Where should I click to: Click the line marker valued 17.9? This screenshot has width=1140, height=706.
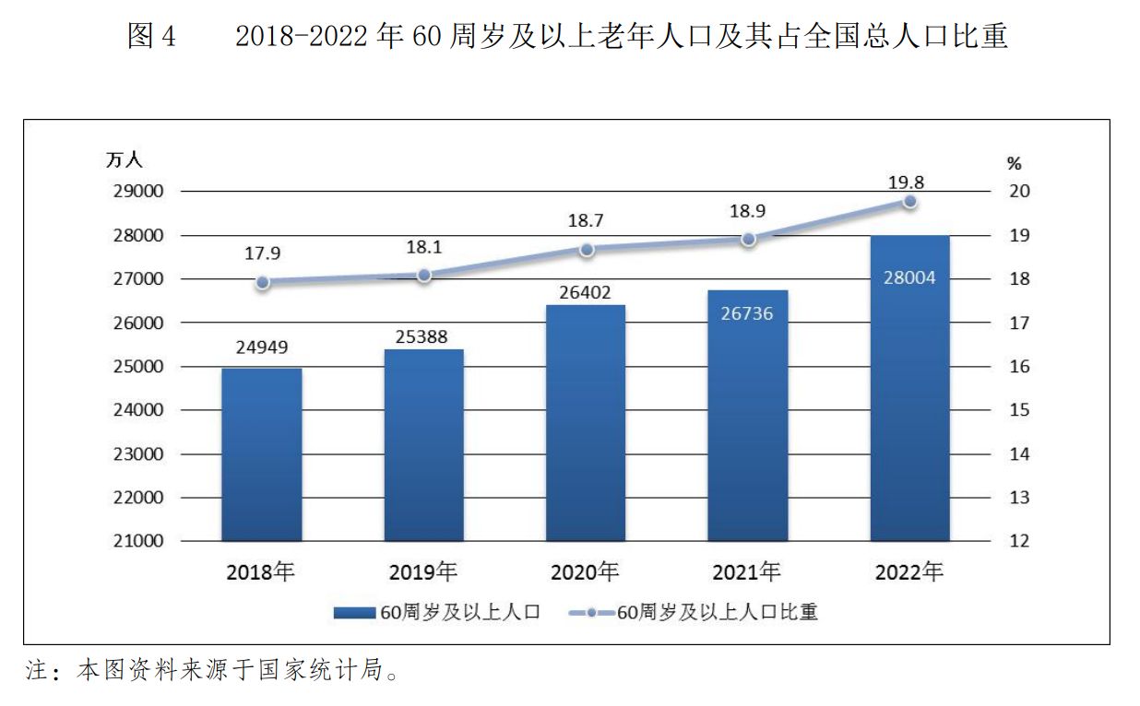[x=263, y=283]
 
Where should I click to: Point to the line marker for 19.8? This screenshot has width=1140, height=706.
[x=909, y=201]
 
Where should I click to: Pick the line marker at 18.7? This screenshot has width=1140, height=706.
[x=587, y=249]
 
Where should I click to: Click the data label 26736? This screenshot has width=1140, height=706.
[x=748, y=313]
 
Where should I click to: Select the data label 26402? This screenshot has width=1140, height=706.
[x=586, y=292]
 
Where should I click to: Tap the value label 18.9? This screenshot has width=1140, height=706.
[x=747, y=211]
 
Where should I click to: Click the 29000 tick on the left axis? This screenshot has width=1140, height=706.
[x=137, y=192]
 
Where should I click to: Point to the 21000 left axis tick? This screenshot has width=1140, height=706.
[x=137, y=541]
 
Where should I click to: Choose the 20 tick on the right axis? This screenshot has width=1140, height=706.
[x=1018, y=192]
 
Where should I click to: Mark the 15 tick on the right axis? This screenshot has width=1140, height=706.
[x=1018, y=410]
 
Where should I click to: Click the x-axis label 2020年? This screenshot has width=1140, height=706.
[x=586, y=572]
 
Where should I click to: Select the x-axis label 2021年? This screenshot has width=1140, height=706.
[x=747, y=572]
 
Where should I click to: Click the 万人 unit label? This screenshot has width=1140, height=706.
[x=125, y=159]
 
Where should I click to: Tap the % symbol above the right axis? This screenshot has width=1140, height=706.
[x=1015, y=164]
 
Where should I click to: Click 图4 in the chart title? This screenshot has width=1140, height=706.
[x=151, y=36]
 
